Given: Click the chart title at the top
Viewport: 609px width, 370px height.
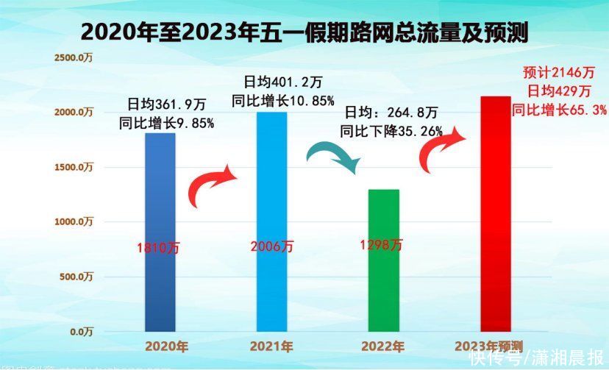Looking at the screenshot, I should tap(304, 32).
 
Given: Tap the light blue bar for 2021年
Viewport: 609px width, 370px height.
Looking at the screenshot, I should tap(271, 221).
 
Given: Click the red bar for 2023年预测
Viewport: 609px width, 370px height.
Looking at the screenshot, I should tap(495, 213).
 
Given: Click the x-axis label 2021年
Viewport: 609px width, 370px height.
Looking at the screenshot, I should tap(271, 346).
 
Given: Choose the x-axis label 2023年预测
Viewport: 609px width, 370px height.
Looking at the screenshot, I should tap(488, 346).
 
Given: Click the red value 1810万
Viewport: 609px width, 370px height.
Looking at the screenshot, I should tap(157, 248).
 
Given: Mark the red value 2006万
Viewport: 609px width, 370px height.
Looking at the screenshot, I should tap(271, 246).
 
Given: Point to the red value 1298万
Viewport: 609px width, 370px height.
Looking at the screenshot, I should tap(382, 245).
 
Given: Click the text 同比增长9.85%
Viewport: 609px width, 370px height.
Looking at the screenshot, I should tap(166, 123).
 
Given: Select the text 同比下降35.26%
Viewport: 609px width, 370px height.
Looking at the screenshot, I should tap(391, 132).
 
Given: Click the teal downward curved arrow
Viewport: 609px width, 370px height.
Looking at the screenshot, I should tap(334, 154).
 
